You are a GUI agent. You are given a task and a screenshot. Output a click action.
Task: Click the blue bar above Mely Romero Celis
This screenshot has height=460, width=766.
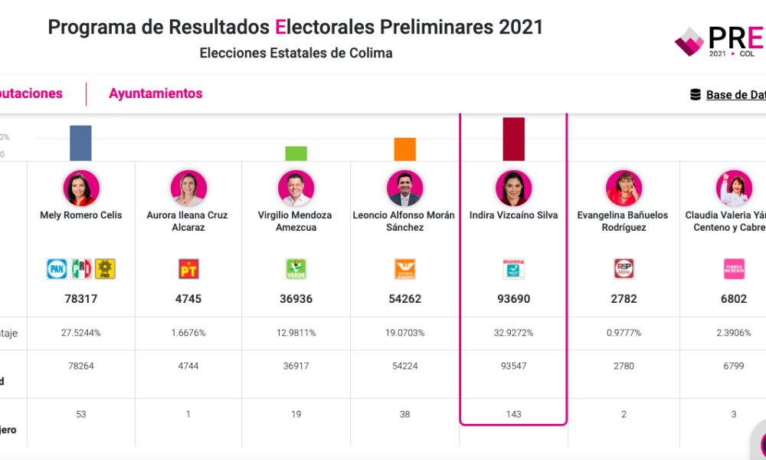pyautogui.click(x=80, y=143)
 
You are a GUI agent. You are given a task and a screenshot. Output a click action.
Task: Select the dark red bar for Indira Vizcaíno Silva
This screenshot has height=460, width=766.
pyautogui.click(x=513, y=139)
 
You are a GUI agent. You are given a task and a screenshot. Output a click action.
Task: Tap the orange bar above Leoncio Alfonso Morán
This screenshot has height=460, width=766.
pyautogui.click(x=404, y=149)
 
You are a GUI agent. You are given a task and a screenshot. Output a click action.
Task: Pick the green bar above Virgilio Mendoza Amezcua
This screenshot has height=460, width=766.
pyautogui.click(x=296, y=153)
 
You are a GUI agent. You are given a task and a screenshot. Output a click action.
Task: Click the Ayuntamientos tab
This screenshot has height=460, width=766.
pyautogui.click(x=155, y=94)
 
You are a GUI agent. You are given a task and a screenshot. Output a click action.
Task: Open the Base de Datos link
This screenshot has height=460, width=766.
pyautogui.click(x=734, y=95)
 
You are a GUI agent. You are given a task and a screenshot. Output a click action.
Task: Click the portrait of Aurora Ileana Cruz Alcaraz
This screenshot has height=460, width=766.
pyautogui.click(x=188, y=188)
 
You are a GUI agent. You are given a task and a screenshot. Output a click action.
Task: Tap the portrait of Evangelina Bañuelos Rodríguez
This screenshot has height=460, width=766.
pyautogui.click(x=624, y=188)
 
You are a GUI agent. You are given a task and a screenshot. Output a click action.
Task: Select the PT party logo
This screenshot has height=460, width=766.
pyautogui.click(x=188, y=268)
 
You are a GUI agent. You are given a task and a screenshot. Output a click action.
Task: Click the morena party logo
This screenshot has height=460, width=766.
pyautogui.click(x=513, y=268)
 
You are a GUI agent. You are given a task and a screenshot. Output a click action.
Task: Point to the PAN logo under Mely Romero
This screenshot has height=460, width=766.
pyautogui.click(x=57, y=268)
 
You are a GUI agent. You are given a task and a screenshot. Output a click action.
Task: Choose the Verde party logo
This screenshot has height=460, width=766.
pyautogui.click(x=296, y=268)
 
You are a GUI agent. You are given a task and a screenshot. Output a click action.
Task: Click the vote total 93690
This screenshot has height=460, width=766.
pyautogui.click(x=513, y=299)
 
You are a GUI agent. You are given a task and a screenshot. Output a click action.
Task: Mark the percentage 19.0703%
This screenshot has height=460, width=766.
pyautogui.click(x=404, y=333)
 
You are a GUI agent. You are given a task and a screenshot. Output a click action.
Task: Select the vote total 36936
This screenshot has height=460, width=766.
pyautogui.click(x=296, y=299)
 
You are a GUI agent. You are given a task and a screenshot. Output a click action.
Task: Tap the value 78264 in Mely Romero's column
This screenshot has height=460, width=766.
pyautogui.click(x=80, y=366)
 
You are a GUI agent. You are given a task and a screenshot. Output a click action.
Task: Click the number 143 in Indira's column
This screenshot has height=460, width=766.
pyautogui.click(x=513, y=414)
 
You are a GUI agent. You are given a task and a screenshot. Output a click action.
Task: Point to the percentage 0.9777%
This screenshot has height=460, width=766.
pyautogui.click(x=624, y=333)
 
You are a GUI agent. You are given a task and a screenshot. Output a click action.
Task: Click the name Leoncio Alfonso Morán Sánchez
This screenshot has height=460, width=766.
pyautogui.click(x=404, y=221)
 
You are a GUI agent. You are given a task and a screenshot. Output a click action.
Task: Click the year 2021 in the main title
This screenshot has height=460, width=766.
pyautogui.click(x=521, y=28)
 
